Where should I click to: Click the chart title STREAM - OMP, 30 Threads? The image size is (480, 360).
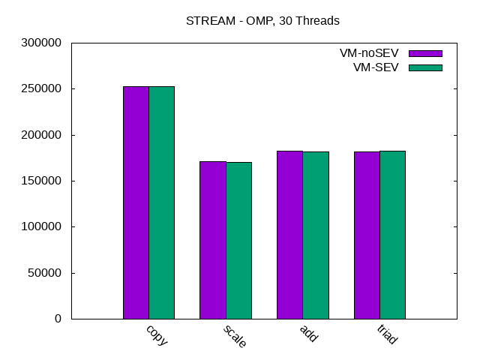click(x=262, y=21)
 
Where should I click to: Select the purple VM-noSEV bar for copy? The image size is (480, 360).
click(x=136, y=202)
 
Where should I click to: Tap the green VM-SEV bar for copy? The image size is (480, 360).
click(x=161, y=202)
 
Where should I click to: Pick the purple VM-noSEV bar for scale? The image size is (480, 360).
click(x=213, y=240)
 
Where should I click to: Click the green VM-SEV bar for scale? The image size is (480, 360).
click(x=238, y=240)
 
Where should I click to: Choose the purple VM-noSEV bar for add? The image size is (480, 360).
click(x=289, y=235)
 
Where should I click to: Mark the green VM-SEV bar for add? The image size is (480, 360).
click(x=316, y=235)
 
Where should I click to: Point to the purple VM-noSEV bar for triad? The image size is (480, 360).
click(x=367, y=235)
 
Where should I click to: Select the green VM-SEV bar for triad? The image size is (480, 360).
click(x=392, y=235)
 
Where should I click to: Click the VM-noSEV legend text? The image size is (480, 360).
click(x=368, y=53)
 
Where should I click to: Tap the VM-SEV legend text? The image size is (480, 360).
click(x=376, y=67)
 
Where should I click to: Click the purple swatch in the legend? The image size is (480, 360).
click(x=425, y=53)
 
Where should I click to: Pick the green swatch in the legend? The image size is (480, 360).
click(x=425, y=67)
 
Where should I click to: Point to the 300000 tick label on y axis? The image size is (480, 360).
click(x=40, y=43)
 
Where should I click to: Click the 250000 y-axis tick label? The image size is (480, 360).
click(x=40, y=88)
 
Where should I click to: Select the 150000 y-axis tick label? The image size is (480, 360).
click(x=40, y=181)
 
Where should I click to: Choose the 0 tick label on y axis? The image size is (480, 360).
click(x=57, y=319)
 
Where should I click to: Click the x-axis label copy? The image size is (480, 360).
click(x=157, y=334)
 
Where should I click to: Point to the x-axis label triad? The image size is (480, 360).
click(x=386, y=334)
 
